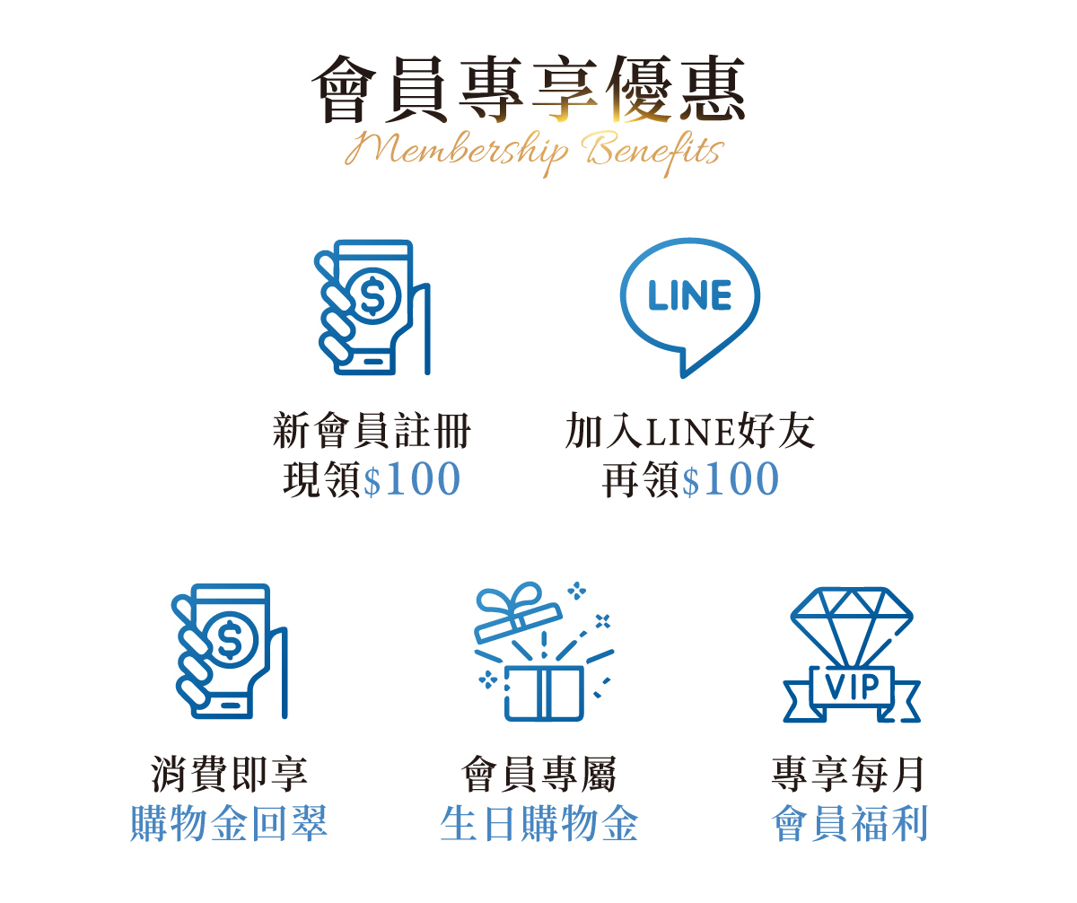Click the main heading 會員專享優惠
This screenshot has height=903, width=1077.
pos(530,91)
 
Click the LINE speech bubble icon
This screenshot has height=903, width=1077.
pos(689,305)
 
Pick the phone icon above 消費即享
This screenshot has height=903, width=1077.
pos(229,652)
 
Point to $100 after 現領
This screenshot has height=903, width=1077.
pos(412,480)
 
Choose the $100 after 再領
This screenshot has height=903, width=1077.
pos(731,480)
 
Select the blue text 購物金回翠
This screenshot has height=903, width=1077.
pos(229,824)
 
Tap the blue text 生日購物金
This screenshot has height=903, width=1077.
pos(538,824)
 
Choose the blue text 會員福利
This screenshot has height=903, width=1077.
pos(849,824)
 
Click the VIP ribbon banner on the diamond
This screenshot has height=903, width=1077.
pos(851,688)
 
